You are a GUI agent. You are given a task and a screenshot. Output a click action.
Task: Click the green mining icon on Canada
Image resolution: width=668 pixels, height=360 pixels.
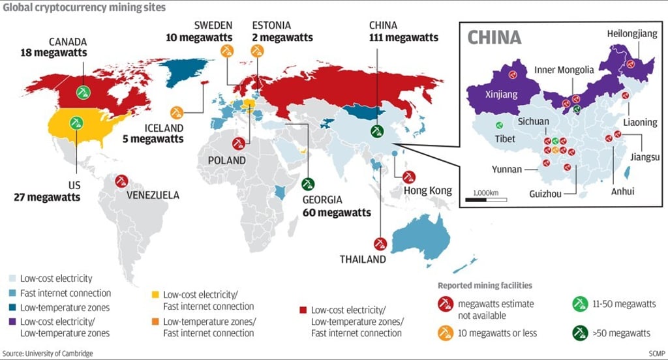(82, 92)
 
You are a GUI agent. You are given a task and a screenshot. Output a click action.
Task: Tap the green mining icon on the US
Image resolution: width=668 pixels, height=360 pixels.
(77, 122)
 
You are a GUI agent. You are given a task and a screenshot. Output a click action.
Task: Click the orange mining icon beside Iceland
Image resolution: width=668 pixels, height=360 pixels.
(177, 113)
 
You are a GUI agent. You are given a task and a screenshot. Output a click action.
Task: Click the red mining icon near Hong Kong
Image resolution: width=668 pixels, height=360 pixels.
(409, 176)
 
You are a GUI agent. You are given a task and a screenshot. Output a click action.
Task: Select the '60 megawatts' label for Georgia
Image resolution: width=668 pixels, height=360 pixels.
(337, 213)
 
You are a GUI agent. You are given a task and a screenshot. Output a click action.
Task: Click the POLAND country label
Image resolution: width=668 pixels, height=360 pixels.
(227, 160)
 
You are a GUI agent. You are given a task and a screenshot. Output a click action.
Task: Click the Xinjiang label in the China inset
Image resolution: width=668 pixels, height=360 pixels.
(501, 95)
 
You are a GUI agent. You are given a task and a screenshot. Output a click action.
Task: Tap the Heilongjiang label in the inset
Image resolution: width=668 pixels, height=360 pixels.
(632, 34)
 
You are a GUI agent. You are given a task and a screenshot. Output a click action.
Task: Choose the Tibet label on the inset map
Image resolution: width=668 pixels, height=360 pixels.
(506, 139)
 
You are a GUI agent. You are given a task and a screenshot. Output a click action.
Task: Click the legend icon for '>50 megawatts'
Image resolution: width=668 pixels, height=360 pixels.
(579, 333)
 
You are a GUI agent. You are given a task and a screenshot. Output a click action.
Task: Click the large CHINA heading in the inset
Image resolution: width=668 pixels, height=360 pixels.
(494, 37)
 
